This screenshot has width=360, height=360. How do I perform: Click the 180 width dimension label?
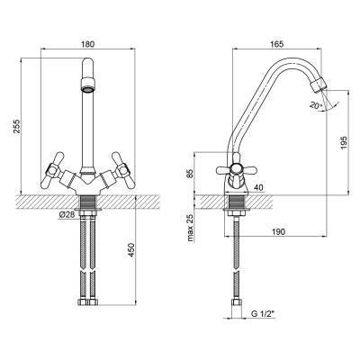(x=88, y=44)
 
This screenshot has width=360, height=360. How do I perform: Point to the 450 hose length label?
(x=131, y=250)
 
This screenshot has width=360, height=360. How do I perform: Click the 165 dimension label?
(x=276, y=44)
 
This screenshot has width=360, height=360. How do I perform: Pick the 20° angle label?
(x=316, y=105)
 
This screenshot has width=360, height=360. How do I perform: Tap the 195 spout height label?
(x=344, y=143)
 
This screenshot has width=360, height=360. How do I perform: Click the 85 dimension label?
(x=189, y=174)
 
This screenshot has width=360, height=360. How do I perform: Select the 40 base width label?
(x=258, y=187)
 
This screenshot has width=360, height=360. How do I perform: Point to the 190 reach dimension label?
(x=278, y=231)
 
